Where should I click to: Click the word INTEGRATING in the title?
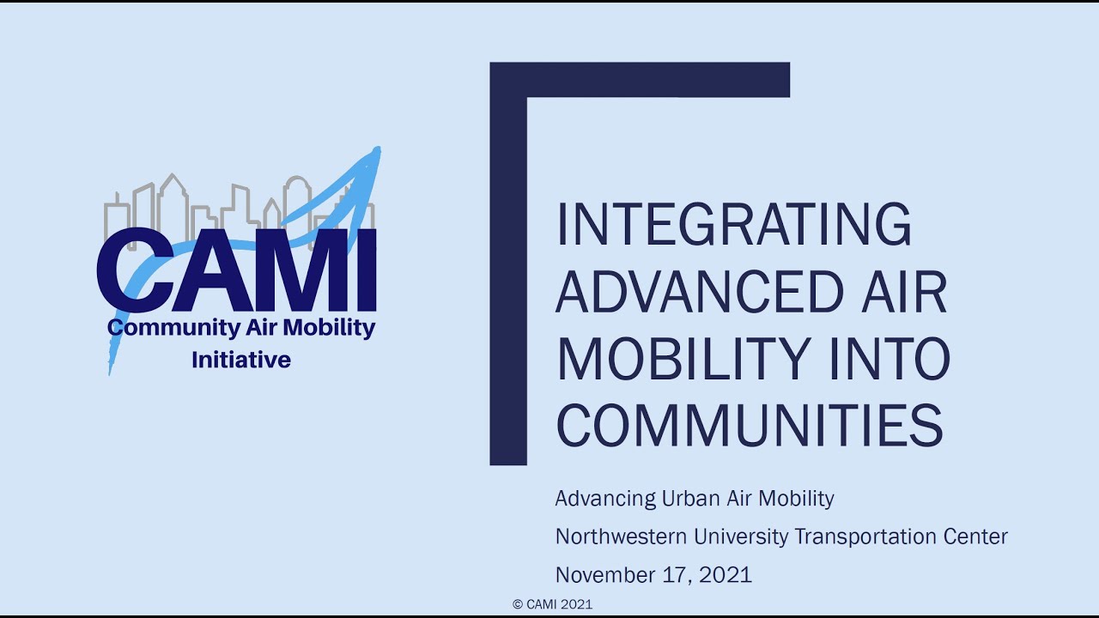pyautogui.click(x=734, y=224)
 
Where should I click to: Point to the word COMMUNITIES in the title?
pyautogui.click(x=750, y=425)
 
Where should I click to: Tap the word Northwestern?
pyautogui.click(x=621, y=536)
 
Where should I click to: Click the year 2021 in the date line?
pyautogui.click(x=726, y=575)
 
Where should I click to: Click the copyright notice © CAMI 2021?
pyautogui.click(x=552, y=604)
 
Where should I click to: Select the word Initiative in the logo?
pyautogui.click(x=241, y=360)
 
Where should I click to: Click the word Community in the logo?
pyautogui.click(x=174, y=328)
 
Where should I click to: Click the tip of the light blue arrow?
pyautogui.click(x=379, y=148)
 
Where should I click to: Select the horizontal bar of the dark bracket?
pyautogui.click(x=640, y=80)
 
